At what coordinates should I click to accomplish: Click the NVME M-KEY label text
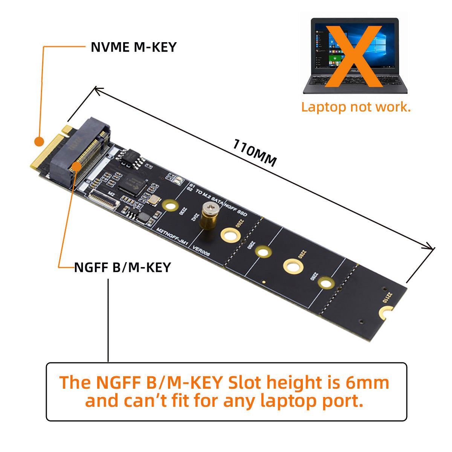(134, 47)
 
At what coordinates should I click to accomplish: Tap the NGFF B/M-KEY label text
(122, 267)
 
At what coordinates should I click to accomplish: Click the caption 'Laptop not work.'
(356, 107)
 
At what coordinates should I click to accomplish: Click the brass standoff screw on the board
(208, 217)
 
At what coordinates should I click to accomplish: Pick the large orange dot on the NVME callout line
(39, 142)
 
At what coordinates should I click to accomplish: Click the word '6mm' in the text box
(367, 383)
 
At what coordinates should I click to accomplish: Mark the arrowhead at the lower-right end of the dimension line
(432, 248)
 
